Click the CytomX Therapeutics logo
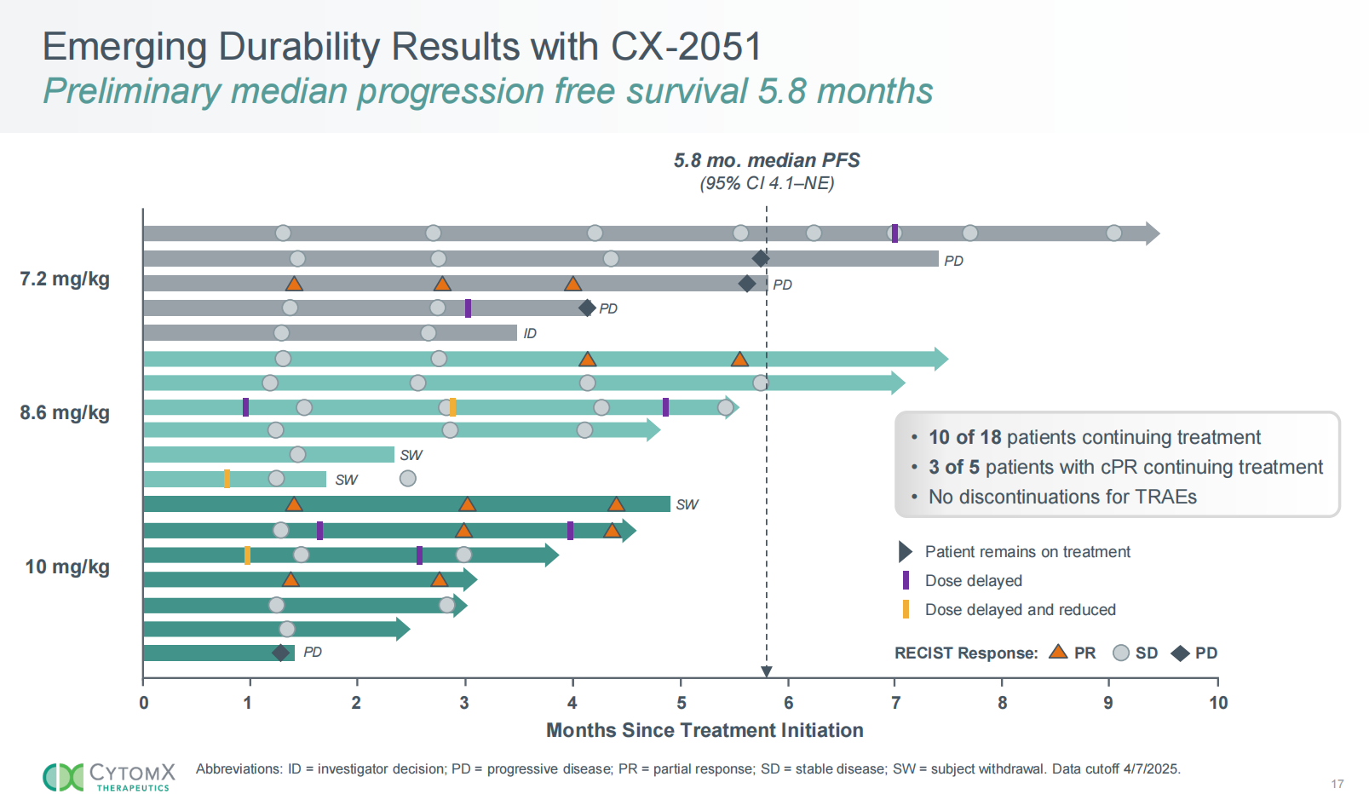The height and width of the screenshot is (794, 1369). pos(109,776)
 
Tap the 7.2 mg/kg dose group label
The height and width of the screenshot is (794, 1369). pos(65,279)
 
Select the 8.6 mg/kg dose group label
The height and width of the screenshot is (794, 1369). pos(65,413)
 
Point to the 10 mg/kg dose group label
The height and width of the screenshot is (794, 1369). pos(67,567)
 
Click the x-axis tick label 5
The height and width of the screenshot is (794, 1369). pos(681,703)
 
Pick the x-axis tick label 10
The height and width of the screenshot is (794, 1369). pos(1218,703)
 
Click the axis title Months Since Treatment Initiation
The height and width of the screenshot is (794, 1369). pos(705,730)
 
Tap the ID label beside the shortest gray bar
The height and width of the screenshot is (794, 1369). pos(530,333)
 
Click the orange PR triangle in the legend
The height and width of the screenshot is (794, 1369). pos(1058,652)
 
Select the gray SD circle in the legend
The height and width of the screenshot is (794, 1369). pos(1121,653)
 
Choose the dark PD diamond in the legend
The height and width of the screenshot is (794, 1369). pos(1180,653)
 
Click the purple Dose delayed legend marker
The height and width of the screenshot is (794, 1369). pos(906,580)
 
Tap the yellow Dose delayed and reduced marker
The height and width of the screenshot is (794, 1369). pos(906,609)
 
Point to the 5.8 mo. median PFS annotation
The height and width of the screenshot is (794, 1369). pos(767,161)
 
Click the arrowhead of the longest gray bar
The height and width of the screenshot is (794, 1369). pos(1153,233)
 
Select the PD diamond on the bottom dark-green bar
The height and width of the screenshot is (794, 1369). pos(280,653)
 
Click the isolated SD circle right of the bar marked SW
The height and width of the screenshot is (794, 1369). pos(408,479)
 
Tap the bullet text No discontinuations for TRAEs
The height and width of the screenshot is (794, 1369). pos(1061,497)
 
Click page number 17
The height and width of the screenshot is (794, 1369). pos(1337,784)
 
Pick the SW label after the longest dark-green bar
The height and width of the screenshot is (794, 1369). pos(687,504)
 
